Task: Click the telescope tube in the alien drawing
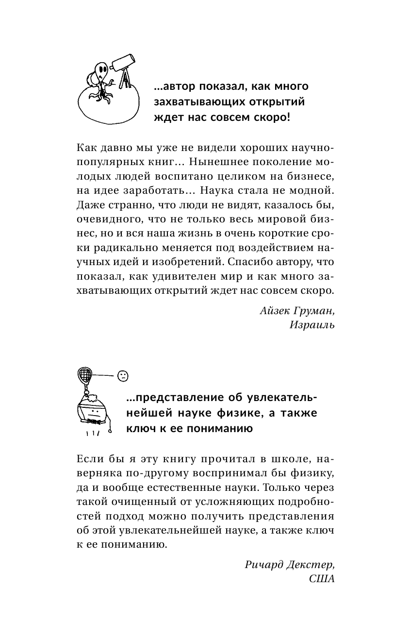124,62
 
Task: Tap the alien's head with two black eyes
100,69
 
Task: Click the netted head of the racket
85,374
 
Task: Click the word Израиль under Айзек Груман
312,325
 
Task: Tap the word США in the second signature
322,579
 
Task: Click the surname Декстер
311,565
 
